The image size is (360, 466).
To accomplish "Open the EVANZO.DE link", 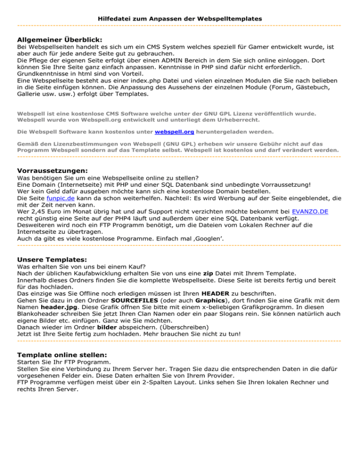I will (x=310, y=212).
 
